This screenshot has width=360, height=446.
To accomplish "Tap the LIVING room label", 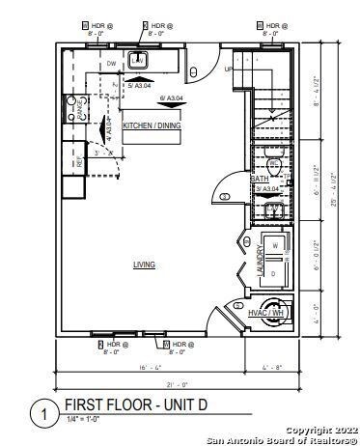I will (145, 264).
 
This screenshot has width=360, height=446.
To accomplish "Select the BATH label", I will (261, 179).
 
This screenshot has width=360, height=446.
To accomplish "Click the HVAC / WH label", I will (264, 313).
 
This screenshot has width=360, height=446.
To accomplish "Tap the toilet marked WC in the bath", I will (274, 165).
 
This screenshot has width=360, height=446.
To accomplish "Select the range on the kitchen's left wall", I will (72, 109).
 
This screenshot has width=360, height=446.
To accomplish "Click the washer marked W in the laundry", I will (276, 245).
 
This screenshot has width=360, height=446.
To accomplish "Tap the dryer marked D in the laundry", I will (276, 273).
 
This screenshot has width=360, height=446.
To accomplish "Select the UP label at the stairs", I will (228, 70).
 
